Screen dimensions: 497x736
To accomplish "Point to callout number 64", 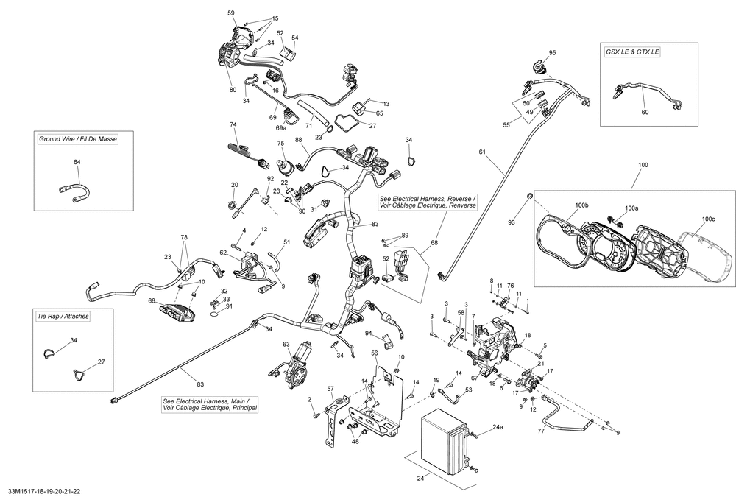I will point(77,161).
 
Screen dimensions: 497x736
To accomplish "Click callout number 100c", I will point(708,219).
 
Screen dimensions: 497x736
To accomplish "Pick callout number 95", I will point(553,53).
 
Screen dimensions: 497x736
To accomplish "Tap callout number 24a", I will point(498,427).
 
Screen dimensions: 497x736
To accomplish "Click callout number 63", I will point(286,344).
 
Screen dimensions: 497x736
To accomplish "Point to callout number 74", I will point(233,124).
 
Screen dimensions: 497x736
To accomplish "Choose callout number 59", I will point(230,13).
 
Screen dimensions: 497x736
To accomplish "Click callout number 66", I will point(152,301).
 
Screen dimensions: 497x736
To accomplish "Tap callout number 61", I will point(482,152).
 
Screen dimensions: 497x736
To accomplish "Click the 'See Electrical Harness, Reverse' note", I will point(428,202).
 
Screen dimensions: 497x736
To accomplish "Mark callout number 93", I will point(512,222).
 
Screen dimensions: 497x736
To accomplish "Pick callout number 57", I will point(330,388).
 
